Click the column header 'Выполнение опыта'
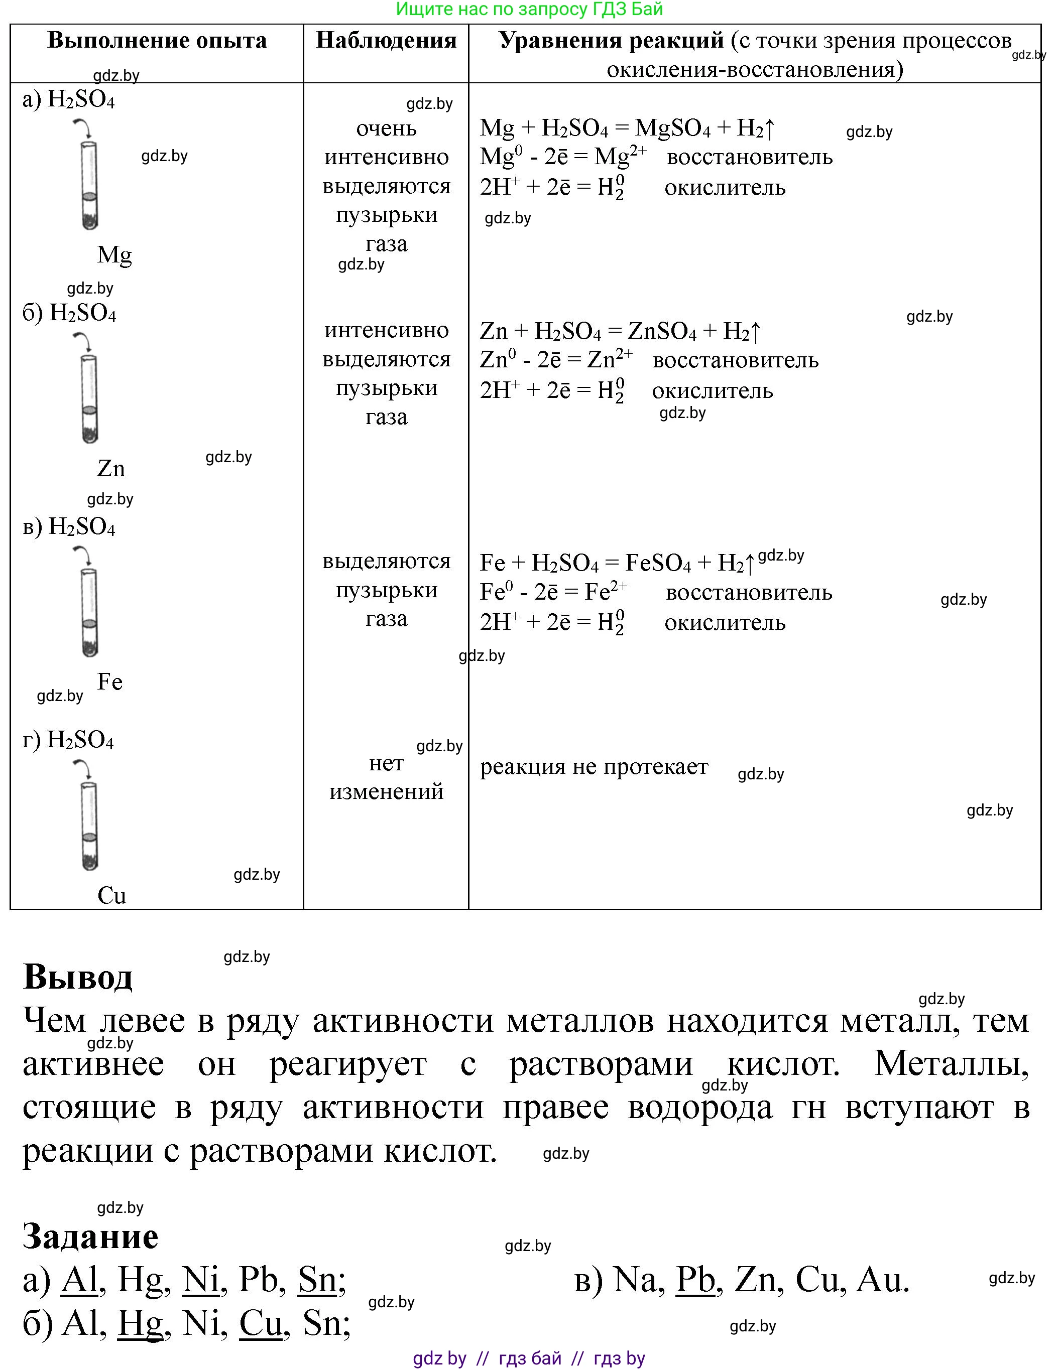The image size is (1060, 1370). point(157,41)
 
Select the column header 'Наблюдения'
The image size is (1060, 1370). point(386,41)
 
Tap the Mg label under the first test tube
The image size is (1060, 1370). point(114,255)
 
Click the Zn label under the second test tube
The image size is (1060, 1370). point(111,469)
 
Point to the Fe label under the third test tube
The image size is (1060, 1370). point(110,682)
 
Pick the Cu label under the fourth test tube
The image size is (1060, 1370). point(111,895)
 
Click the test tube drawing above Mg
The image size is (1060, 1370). point(90,185)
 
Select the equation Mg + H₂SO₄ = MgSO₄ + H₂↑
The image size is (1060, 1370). point(628,128)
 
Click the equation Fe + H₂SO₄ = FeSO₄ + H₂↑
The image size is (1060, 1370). point(617,563)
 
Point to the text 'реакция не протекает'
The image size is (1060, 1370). point(594,767)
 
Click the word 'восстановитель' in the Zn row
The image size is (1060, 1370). point(736,360)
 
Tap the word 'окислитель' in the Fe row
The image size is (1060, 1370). point(725,622)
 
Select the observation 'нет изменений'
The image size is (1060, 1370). point(386,777)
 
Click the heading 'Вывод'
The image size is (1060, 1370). point(78,977)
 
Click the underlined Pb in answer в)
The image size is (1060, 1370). point(695,1280)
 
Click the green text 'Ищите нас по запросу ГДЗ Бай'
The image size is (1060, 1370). point(530,10)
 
